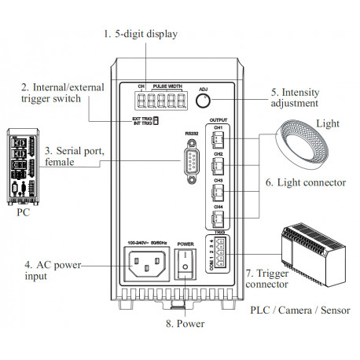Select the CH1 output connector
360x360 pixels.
[x=221, y=139]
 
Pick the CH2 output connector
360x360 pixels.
[x=221, y=164]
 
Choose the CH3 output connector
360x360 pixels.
[x=221, y=191]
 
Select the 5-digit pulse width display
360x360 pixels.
[x=159, y=101]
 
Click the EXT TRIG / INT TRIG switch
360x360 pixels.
[x=156, y=120]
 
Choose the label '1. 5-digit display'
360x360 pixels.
[x=141, y=34]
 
